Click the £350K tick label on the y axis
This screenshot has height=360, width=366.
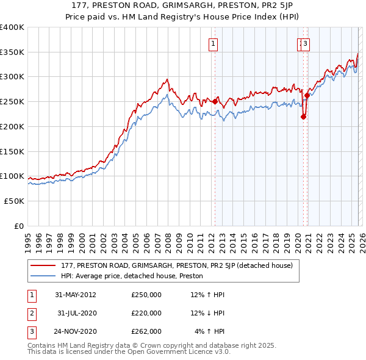(12, 52)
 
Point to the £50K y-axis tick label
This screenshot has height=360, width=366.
(14, 201)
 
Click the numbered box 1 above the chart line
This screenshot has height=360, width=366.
(214, 43)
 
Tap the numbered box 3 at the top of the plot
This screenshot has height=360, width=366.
(305, 43)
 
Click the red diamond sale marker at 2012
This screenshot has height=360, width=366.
(215, 102)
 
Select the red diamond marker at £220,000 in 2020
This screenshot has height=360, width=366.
(303, 117)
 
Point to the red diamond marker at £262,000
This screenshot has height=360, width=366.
(307, 96)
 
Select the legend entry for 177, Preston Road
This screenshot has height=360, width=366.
(176, 265)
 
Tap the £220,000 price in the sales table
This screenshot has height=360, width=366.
(146, 313)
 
